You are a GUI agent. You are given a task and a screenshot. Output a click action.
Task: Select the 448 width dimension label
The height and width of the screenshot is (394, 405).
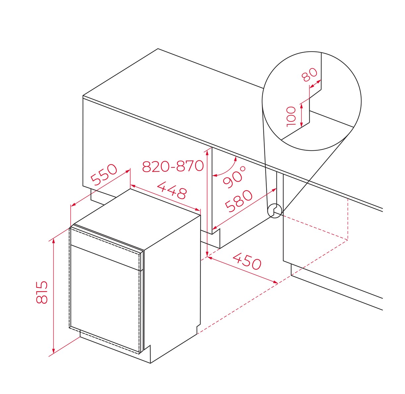[x=172, y=190]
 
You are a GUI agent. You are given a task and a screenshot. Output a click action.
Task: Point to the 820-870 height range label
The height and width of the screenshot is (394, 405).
[x=173, y=166]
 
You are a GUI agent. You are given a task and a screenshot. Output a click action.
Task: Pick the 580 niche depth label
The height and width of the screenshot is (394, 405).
[x=239, y=201]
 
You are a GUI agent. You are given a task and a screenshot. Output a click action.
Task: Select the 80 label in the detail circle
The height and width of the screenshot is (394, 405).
[x=310, y=75]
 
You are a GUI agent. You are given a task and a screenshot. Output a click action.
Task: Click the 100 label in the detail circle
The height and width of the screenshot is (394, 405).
[x=291, y=116]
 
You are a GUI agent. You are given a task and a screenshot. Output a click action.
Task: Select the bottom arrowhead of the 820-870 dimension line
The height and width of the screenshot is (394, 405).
[x=207, y=254]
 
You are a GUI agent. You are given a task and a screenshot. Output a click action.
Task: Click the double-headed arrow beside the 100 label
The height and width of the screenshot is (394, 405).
[x=301, y=115]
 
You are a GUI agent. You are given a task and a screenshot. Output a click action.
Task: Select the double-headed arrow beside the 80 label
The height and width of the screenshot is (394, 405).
[x=315, y=84]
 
